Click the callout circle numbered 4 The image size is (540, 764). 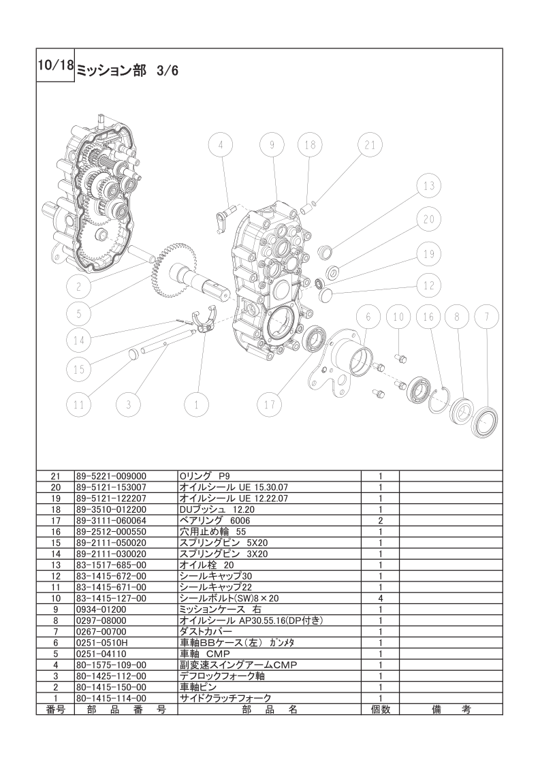point(221,145)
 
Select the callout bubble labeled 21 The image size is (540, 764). point(370,145)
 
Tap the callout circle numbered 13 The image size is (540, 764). point(429,186)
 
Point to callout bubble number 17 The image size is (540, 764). point(270,404)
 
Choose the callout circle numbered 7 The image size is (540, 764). point(486,317)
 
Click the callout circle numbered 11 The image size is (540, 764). point(78,404)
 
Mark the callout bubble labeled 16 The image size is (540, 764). point(428,317)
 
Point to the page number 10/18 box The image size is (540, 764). point(56,65)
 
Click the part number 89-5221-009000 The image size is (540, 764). point(111,476)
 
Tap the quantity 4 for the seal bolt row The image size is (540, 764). point(381,599)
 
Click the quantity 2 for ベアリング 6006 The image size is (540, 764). point(381,520)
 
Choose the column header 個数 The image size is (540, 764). point(381,710)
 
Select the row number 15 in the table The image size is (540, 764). point(56,543)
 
